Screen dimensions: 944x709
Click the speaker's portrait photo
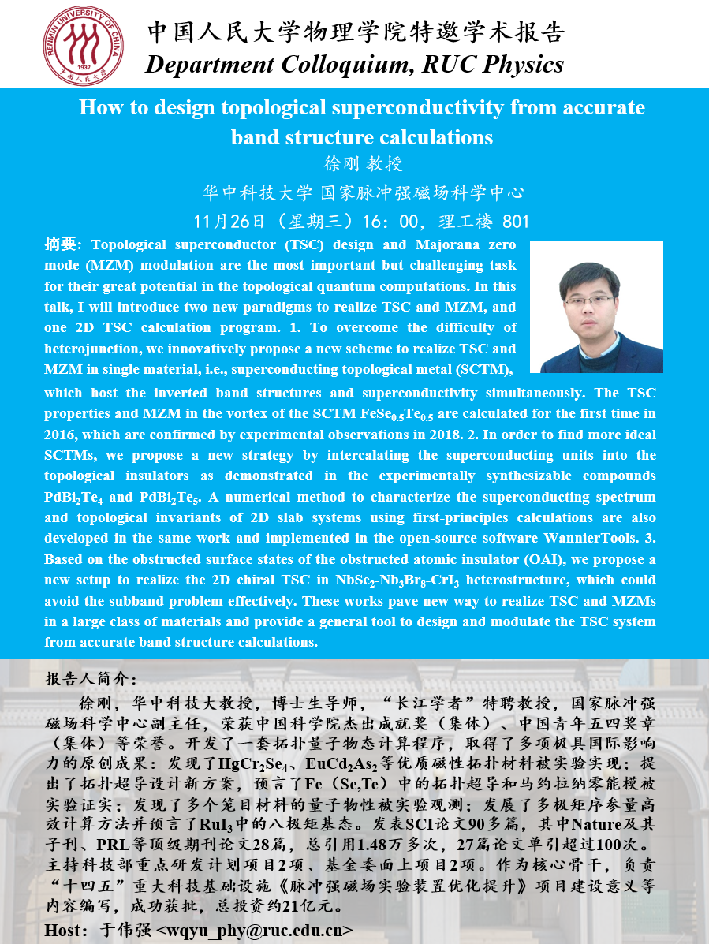click(x=595, y=306)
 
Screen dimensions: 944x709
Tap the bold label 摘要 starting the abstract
click(x=60, y=244)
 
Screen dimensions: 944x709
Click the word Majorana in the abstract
click(x=453, y=244)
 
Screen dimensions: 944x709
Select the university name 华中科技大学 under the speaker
click(x=259, y=192)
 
